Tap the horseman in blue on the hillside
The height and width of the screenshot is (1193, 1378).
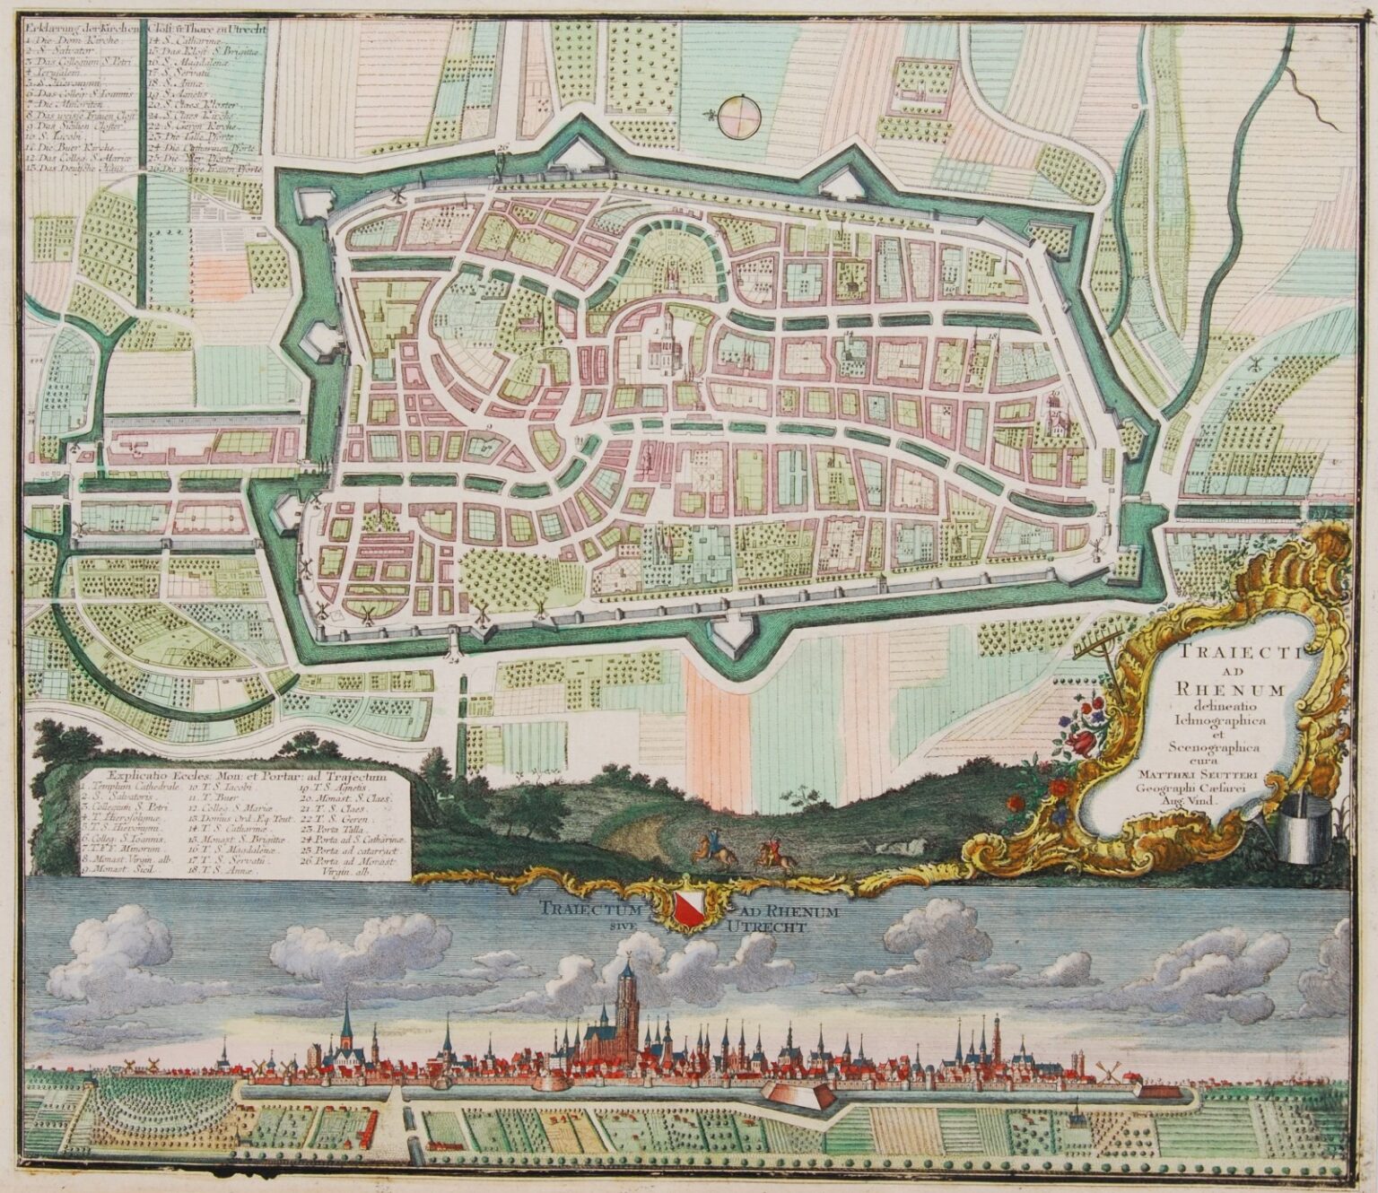(713, 845)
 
